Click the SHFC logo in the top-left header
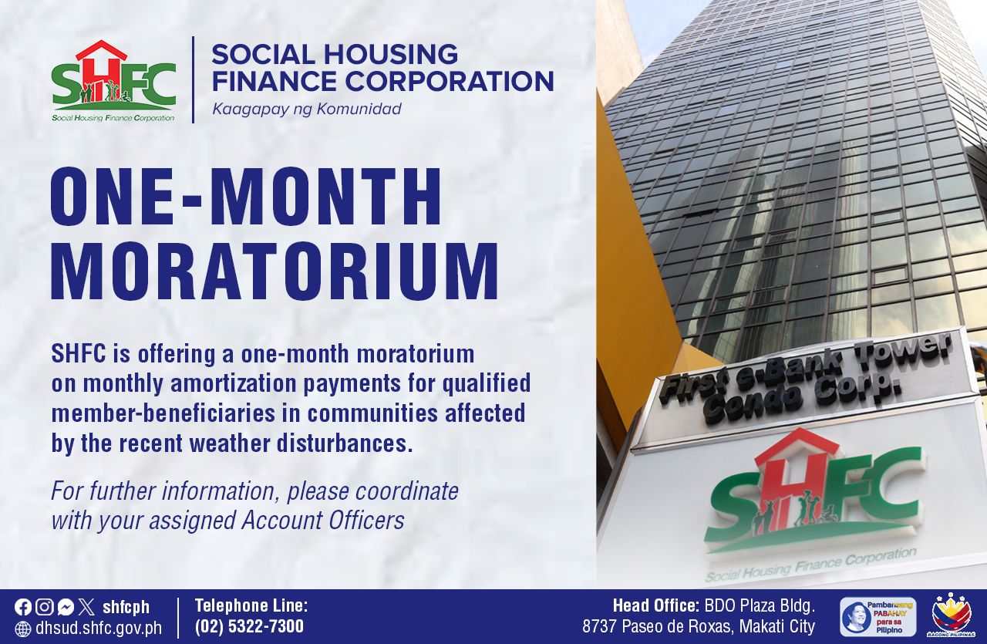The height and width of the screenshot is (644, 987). pos(113,81)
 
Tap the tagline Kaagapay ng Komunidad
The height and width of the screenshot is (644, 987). pos(307,109)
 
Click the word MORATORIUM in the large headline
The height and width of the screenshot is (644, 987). pos(275,271)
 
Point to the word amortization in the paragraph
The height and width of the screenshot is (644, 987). pos(233,384)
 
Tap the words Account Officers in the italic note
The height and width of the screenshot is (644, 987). pos(323,520)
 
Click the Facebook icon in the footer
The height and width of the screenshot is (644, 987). pos(22,607)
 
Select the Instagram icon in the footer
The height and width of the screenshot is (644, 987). pos(44,607)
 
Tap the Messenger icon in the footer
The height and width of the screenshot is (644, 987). pos(66,607)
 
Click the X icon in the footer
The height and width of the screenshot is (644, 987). pos(86,607)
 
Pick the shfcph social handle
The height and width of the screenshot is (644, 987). pos(126,608)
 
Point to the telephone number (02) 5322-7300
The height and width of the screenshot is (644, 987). pos(249,626)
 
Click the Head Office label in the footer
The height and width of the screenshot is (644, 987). pos(656,606)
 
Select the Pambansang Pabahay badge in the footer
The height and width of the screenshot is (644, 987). pos(878,617)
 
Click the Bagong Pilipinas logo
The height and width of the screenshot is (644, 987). pos(952,615)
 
